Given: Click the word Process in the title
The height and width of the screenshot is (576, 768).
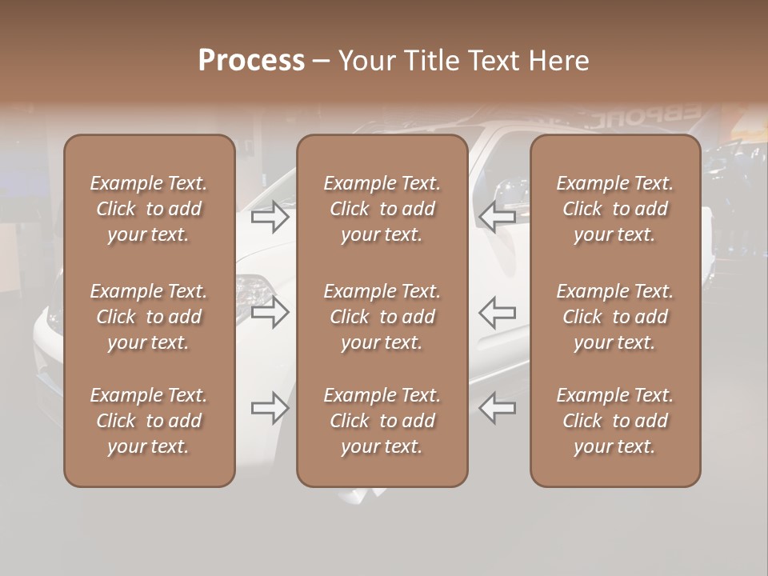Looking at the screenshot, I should pos(251,61).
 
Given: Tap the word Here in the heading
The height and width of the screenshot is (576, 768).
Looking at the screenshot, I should pos(559,61).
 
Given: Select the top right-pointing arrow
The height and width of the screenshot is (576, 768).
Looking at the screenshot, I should pos(270,217).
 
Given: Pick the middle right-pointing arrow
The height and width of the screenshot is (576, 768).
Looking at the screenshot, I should pos(270,312).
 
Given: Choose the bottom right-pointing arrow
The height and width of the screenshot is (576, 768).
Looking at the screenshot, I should pos(270,408).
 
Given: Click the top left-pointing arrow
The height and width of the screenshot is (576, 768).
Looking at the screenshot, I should pos(498,217).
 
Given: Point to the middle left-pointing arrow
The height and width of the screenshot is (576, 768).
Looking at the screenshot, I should pos(498,312).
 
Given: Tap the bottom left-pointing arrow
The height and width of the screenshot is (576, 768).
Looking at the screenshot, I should pos(498,408).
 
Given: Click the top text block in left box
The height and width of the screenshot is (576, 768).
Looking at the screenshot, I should pos(149,209).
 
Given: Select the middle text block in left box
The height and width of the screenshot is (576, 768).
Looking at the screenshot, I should pos(149,317).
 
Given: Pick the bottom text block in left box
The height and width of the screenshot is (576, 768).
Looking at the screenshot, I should pos(149,421).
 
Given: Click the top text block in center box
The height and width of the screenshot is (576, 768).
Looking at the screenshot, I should pos(382,209).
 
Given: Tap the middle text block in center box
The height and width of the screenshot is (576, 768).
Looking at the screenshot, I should pos(382,317).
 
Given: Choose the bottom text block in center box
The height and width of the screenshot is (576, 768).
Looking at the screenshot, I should pos(382,421).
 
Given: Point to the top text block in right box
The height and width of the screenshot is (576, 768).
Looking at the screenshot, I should pos(614,209).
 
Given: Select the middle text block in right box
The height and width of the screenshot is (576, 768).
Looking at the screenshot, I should pos(614,317).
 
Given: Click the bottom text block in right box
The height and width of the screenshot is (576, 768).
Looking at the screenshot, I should pos(614,421).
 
